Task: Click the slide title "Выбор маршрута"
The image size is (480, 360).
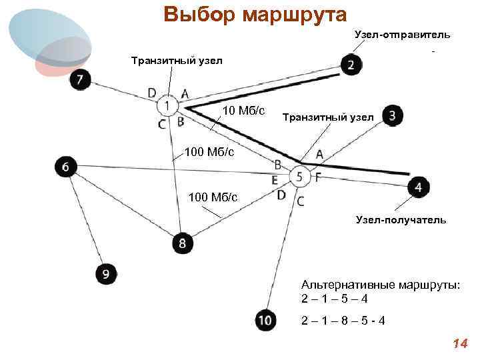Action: click(255, 15)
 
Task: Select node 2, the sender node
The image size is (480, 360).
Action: click(351, 64)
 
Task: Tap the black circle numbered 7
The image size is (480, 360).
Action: click(80, 80)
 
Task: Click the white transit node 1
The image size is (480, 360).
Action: click(168, 105)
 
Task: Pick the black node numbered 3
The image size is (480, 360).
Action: click(393, 116)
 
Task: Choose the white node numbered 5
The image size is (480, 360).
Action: click(299, 177)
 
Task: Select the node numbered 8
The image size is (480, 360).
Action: click(182, 243)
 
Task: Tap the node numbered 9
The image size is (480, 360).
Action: click(106, 273)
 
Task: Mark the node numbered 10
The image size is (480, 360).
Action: click(265, 321)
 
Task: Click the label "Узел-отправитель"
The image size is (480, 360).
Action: click(402, 34)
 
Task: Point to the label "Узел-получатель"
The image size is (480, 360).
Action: click(401, 219)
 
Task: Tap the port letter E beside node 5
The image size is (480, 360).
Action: click(275, 179)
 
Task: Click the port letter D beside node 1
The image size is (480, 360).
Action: click(153, 93)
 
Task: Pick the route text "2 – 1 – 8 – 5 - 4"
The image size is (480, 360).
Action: click(343, 321)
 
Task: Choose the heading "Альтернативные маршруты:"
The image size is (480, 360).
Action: click(381, 285)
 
